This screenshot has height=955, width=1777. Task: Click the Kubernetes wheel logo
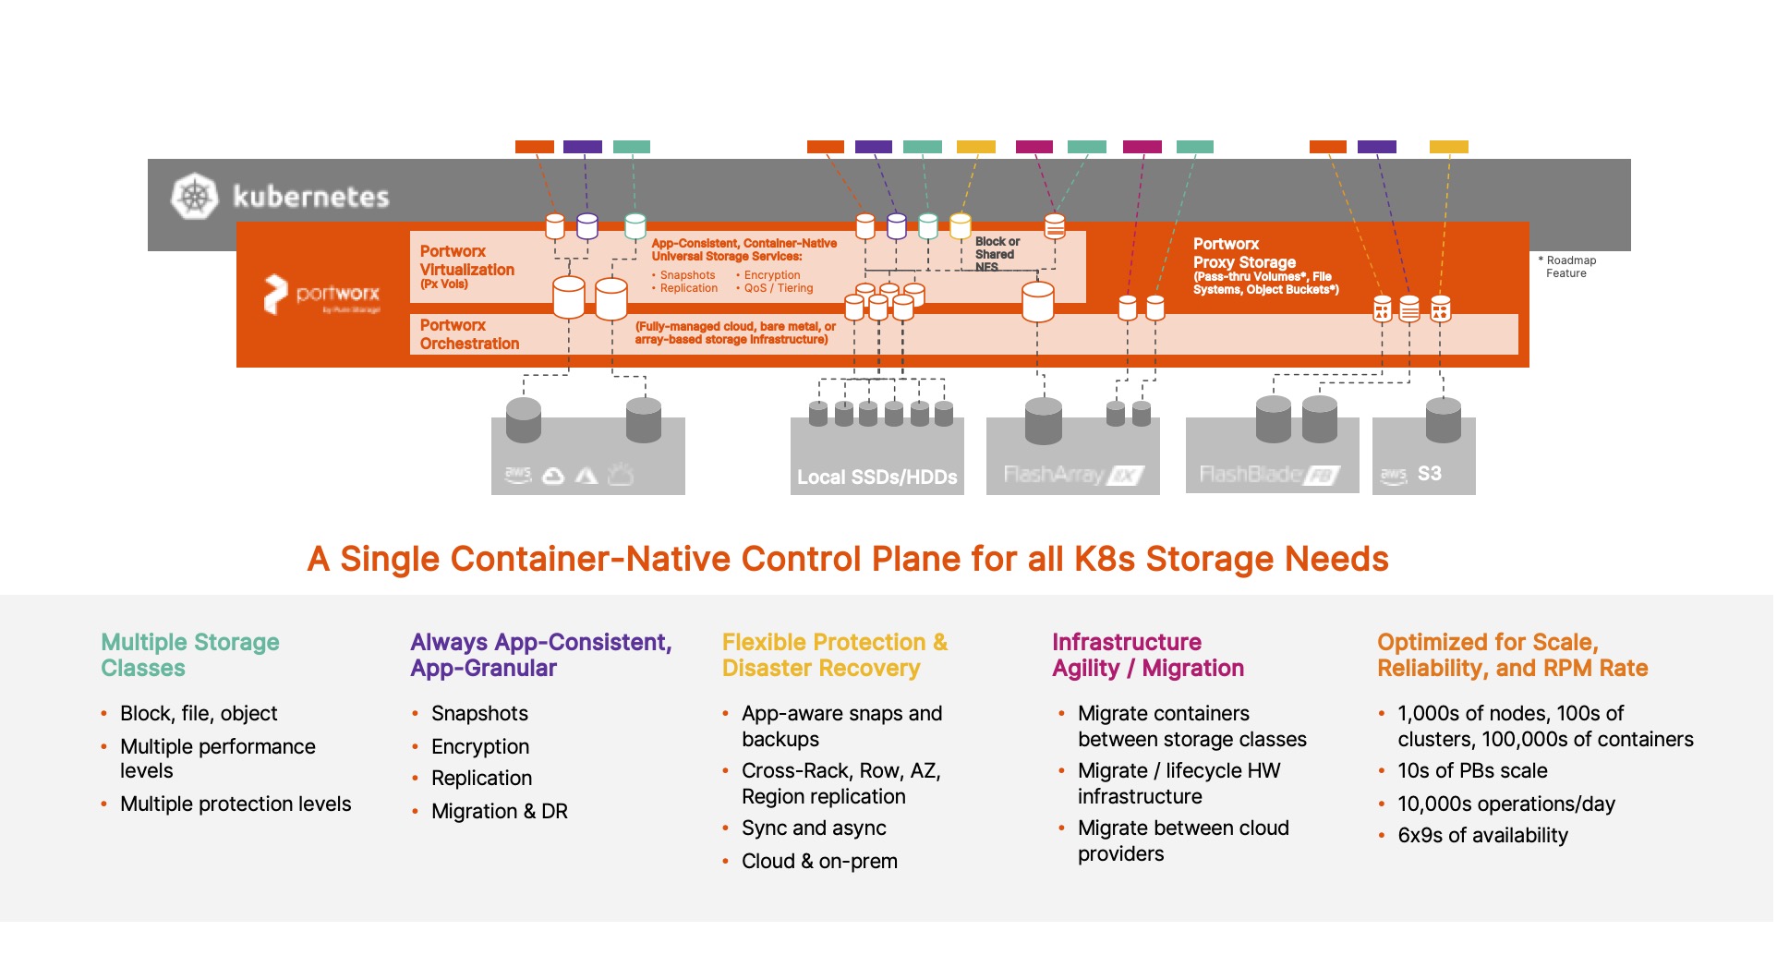point(195,196)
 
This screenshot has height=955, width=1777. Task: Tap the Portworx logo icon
point(275,294)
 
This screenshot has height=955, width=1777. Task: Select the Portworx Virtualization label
point(466,266)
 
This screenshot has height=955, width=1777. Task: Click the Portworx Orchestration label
point(469,334)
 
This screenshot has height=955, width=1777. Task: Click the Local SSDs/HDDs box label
point(876,477)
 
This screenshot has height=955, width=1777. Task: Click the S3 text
point(1429,474)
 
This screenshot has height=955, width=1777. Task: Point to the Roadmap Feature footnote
point(1570,267)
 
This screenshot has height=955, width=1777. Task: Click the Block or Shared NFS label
point(997,254)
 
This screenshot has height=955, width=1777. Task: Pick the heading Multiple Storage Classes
point(189,655)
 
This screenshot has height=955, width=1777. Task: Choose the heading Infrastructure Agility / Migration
point(1147,655)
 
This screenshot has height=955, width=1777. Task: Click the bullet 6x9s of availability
point(1482,836)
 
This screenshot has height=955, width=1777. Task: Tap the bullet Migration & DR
point(499,812)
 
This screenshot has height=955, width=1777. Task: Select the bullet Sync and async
point(814,828)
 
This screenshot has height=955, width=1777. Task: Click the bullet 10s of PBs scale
point(1472,771)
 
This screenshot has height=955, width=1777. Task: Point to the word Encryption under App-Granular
point(480,747)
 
